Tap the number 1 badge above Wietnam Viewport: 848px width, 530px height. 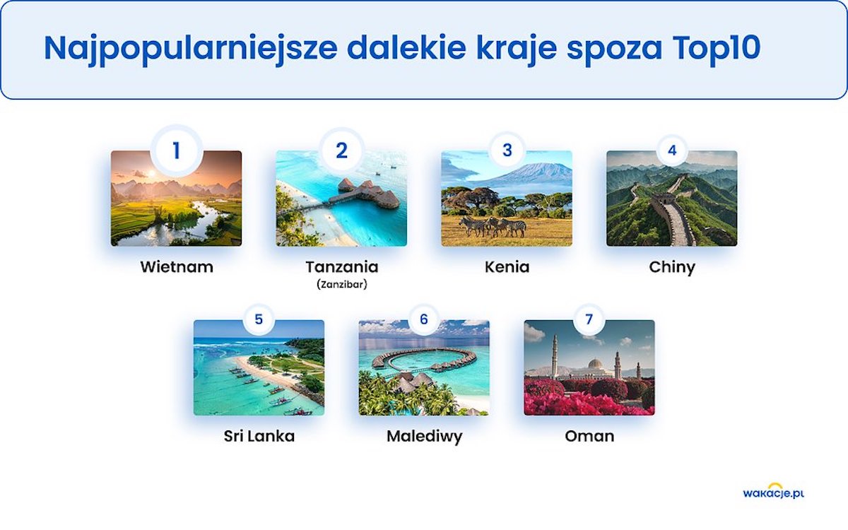(176, 151)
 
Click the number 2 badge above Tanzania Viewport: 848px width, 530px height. (341, 151)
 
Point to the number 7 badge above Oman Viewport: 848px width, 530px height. (589, 319)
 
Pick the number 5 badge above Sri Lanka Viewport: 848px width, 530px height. (259, 319)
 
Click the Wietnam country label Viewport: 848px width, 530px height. (177, 267)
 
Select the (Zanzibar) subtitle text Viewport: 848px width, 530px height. (342, 284)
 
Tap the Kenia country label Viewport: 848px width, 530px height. (507, 267)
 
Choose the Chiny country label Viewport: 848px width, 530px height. (672, 268)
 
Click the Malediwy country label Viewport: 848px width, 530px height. (425, 437)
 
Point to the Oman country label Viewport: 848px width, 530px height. (589, 437)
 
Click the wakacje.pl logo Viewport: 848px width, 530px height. (773, 492)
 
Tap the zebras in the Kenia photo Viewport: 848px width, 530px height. (493, 226)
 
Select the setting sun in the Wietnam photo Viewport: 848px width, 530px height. (151, 173)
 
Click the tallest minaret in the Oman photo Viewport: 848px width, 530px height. (555, 357)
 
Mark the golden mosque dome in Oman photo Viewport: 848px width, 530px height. (595, 364)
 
